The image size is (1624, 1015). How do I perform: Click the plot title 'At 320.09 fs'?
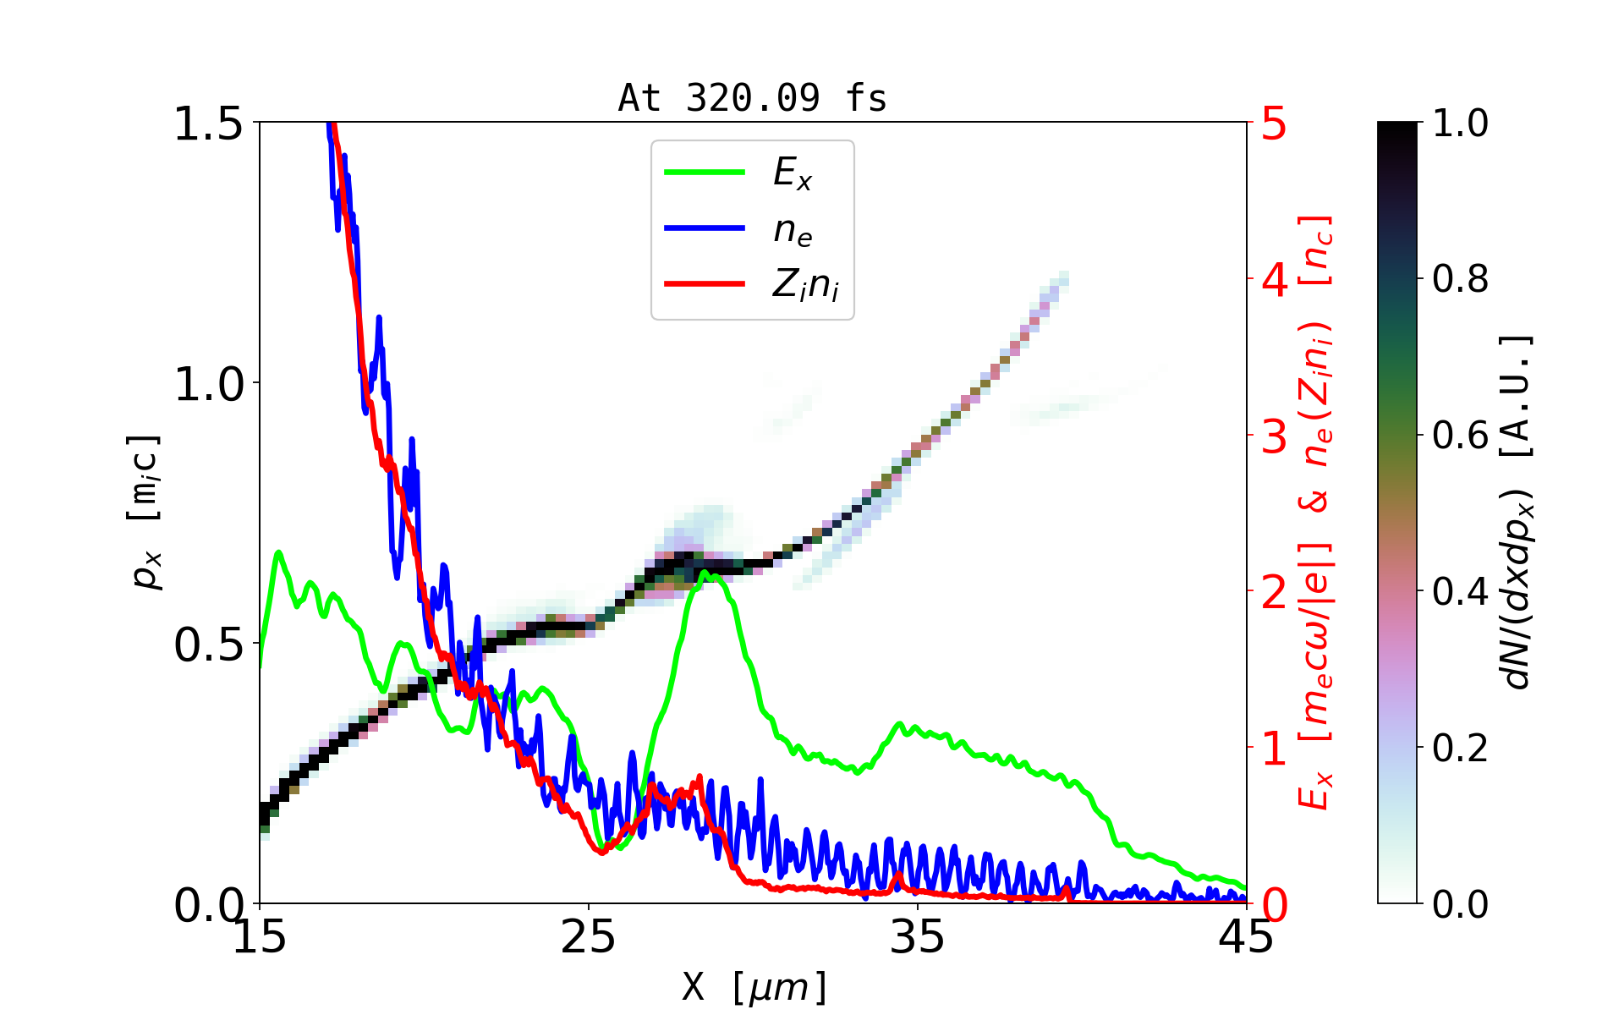(x=752, y=98)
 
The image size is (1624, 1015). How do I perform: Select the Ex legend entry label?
(x=793, y=173)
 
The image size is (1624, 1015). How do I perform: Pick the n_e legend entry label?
(x=793, y=230)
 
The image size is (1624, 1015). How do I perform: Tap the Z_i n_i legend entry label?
(x=805, y=285)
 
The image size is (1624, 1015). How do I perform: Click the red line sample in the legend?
(x=705, y=284)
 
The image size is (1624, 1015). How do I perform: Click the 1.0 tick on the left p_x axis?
(x=208, y=384)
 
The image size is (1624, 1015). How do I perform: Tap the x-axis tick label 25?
(x=588, y=937)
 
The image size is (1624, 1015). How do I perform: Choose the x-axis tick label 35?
(x=917, y=937)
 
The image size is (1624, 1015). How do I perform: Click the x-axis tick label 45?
(x=1247, y=937)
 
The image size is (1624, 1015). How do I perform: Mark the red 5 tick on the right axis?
(x=1274, y=124)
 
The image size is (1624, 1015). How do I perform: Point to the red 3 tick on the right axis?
(x=1274, y=436)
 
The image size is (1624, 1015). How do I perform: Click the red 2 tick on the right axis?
(x=1274, y=593)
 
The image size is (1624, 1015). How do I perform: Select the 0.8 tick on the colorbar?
(x=1461, y=279)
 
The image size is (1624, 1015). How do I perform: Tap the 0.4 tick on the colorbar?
(x=1461, y=592)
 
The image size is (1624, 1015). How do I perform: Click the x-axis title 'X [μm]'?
(x=754, y=986)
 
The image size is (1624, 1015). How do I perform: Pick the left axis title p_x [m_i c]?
(x=145, y=512)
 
